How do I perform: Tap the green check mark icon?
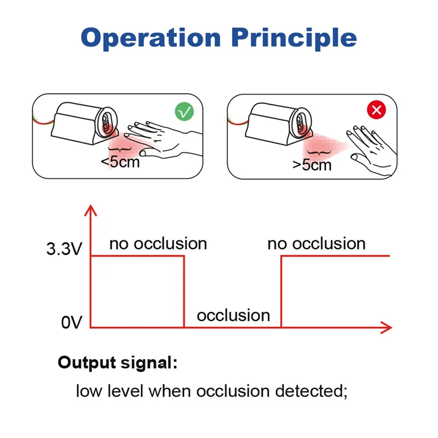(x=185, y=112)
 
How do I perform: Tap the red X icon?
(x=377, y=111)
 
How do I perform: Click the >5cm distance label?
(x=312, y=163)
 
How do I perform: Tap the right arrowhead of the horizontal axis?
(x=387, y=327)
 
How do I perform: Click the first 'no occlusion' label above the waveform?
(x=158, y=243)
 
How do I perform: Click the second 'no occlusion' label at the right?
(x=316, y=243)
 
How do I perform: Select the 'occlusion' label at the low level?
(x=233, y=315)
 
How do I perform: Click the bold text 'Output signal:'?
(x=118, y=362)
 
